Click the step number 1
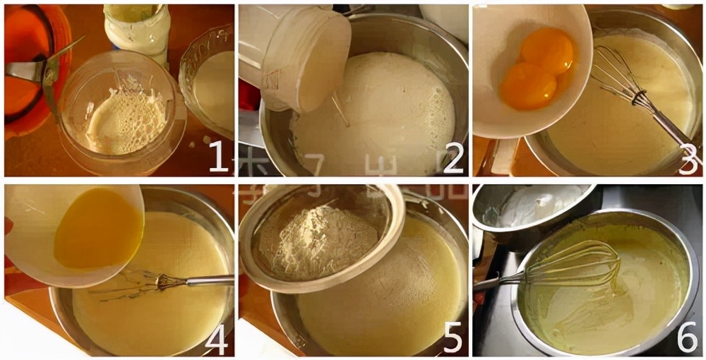pyautogui.click(x=218, y=157)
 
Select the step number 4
pyautogui.click(x=216, y=339)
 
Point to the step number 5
pyautogui.click(x=452, y=339)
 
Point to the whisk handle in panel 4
pyautogui.click(x=208, y=280)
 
